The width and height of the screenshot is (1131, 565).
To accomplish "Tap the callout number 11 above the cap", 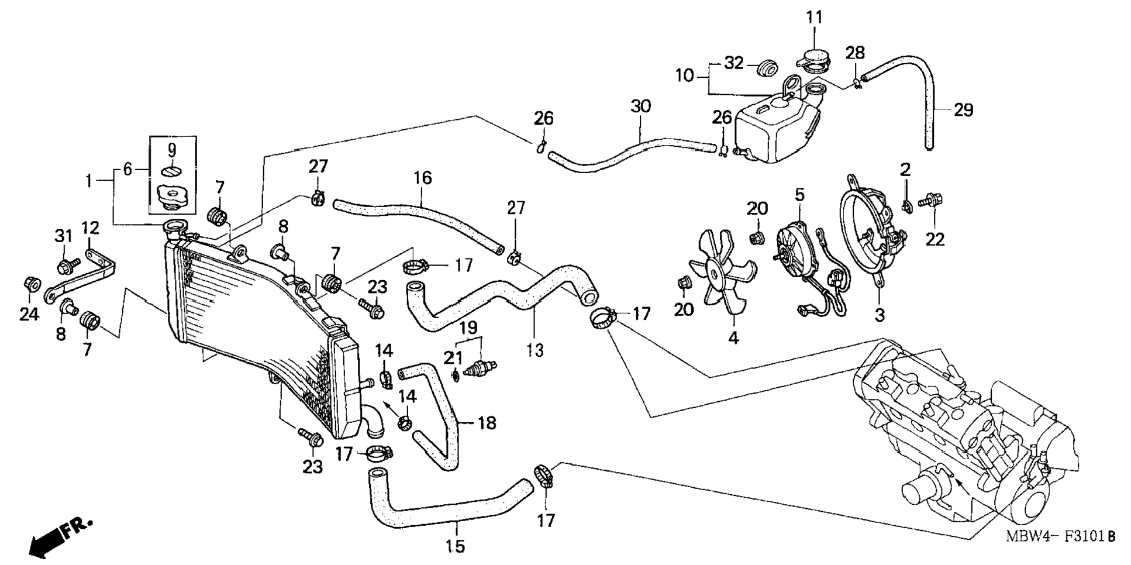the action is pos(814,17).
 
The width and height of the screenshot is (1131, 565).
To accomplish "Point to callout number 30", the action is pos(640,106).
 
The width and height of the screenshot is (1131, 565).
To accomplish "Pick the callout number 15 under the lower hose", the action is pos(455,546).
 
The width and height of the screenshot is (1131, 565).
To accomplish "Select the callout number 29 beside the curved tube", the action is pos(963,110).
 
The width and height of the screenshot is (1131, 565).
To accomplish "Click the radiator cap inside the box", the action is pos(171,197).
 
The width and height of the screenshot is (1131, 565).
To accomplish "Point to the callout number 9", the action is pos(172,150).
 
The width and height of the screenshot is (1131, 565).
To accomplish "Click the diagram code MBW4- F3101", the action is pos(1060,536).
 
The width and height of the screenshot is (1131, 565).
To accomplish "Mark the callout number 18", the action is pos(487,422).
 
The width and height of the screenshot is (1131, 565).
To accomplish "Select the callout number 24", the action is pos(29,314).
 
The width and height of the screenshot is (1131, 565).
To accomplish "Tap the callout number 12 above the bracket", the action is pos(89,228).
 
